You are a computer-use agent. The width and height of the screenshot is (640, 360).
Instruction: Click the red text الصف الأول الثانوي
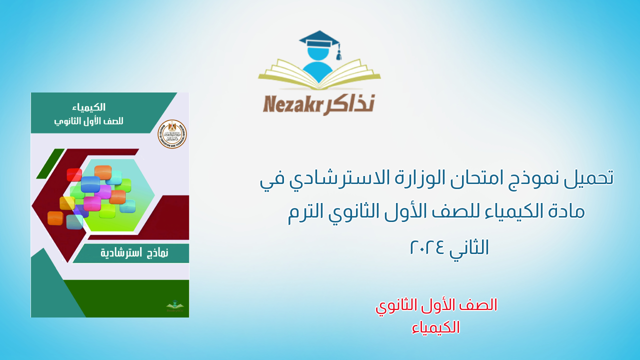436,305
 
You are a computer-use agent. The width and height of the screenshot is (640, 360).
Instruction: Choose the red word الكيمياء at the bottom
436,327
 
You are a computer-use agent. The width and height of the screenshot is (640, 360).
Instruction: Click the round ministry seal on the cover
172,134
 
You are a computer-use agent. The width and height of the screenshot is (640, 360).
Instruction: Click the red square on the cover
74,174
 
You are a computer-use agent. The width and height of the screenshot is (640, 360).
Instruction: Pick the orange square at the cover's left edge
55,218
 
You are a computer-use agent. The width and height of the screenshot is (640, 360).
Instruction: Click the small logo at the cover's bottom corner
175,305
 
